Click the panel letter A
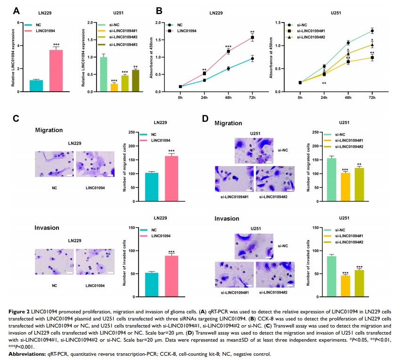point(16,10)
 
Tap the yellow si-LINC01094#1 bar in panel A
point(114,88)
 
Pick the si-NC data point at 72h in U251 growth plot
point(372,31)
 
